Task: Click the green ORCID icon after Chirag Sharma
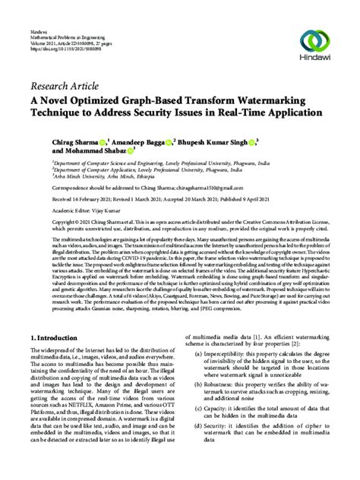pos(103,141)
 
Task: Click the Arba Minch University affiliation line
pos(99,175)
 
